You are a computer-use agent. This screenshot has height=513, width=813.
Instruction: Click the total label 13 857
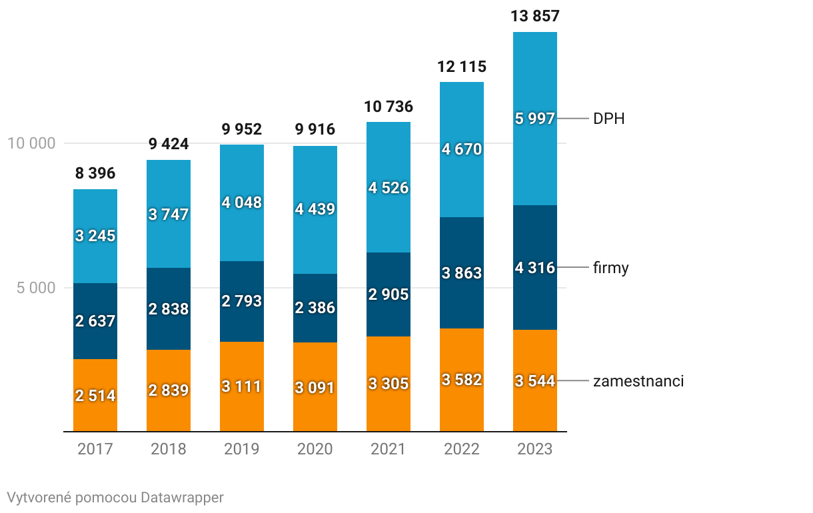click(534, 17)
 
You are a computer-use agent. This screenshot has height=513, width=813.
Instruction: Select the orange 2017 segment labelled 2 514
click(95, 395)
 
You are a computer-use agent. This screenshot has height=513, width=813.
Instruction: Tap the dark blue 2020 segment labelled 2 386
click(315, 308)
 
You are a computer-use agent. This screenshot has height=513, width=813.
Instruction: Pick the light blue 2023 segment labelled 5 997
click(535, 119)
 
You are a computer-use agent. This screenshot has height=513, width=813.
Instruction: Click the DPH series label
click(608, 119)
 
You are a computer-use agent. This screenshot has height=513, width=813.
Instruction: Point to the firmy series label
click(611, 268)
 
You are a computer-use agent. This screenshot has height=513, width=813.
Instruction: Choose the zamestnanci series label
click(638, 381)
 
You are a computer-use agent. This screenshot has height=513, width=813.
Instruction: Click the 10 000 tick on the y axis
click(31, 143)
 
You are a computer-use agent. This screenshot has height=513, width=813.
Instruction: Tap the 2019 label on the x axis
click(242, 449)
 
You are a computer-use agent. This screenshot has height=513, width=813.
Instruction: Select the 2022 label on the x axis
click(462, 449)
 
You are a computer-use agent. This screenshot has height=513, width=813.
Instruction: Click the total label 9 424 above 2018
click(169, 144)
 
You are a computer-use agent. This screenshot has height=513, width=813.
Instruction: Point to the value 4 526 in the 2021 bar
click(389, 188)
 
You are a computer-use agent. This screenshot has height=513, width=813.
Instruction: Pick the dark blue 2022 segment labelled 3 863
click(462, 273)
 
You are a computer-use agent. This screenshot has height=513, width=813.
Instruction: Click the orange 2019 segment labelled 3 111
click(242, 386)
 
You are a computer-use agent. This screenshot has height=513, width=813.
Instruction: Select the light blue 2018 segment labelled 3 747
click(169, 215)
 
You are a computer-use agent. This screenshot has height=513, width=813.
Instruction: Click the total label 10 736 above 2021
click(389, 107)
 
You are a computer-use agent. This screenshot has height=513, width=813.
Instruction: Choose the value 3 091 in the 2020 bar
click(315, 387)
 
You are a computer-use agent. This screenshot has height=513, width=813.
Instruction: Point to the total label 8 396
click(95, 174)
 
